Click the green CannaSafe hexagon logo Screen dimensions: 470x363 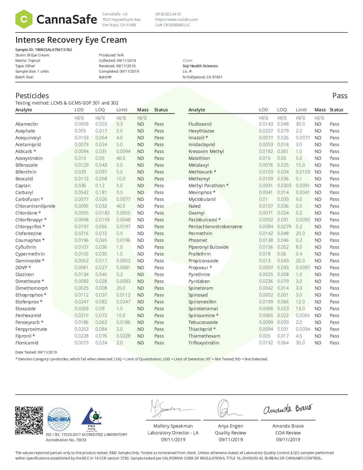tap(24, 19)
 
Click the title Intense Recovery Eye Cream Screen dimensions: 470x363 tap(71, 40)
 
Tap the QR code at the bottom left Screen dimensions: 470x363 tap(29, 420)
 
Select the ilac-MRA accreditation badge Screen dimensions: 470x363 tap(59, 419)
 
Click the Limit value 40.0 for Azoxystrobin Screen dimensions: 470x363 tap(121, 158)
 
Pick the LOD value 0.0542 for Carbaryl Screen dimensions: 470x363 tap(81, 192)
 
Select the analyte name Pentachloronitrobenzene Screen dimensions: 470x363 tap(215, 226)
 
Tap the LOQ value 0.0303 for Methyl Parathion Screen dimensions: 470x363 tap(284, 185)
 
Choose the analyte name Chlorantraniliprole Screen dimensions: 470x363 tap(35, 206)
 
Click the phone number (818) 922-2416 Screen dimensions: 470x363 tap(168, 14)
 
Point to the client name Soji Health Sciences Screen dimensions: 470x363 tap(200, 66)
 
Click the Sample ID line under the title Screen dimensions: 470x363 tap(44, 50)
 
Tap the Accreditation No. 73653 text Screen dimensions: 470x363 tap(66, 440)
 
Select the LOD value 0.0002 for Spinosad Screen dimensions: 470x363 tap(266, 295)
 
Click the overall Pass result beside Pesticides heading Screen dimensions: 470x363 tap(340, 96)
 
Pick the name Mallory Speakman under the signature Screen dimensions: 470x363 tap(173, 426)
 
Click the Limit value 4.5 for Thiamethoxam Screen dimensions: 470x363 tap(299, 336)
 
